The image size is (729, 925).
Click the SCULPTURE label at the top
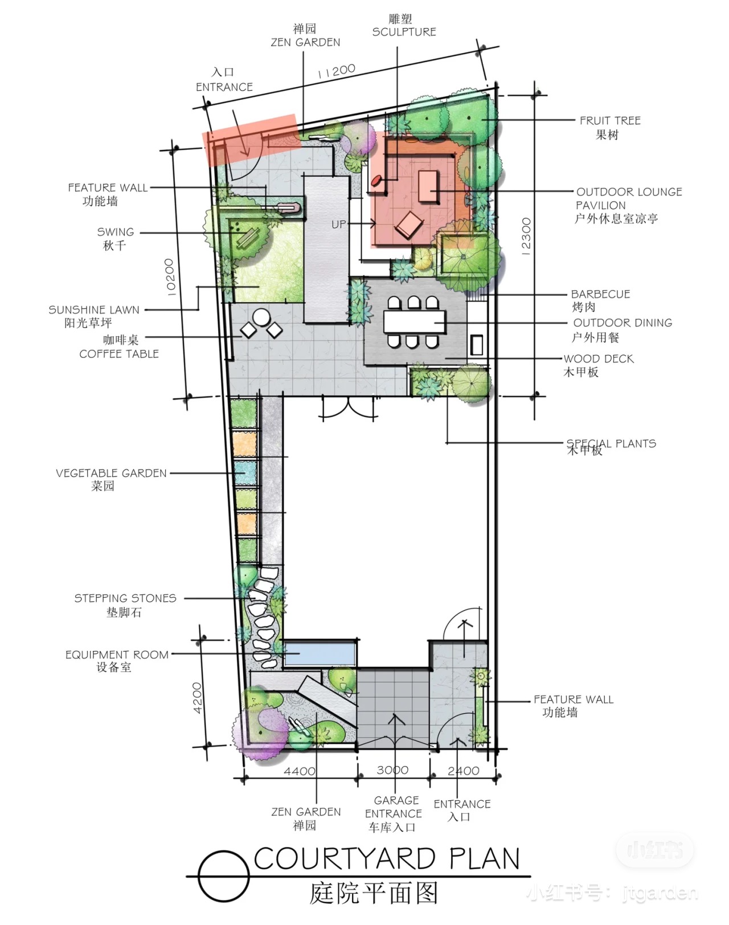tap(404, 32)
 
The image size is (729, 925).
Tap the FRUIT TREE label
tap(610, 121)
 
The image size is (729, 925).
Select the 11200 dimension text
tap(337, 71)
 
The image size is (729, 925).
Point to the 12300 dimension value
tap(526, 237)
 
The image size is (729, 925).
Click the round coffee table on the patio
tap(261, 318)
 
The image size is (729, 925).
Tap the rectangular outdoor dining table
tap(415, 321)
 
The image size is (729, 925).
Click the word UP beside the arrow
tap(338, 225)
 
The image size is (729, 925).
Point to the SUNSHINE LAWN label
tap(94, 310)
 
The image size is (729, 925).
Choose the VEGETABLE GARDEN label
tap(111, 473)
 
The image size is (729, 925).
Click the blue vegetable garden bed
tap(245, 473)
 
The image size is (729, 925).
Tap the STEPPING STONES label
tap(125, 598)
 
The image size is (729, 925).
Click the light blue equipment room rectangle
tap(321, 654)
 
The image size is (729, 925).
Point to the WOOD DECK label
tap(599, 359)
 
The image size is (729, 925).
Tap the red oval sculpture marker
tap(376, 180)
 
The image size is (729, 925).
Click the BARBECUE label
tap(600, 295)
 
